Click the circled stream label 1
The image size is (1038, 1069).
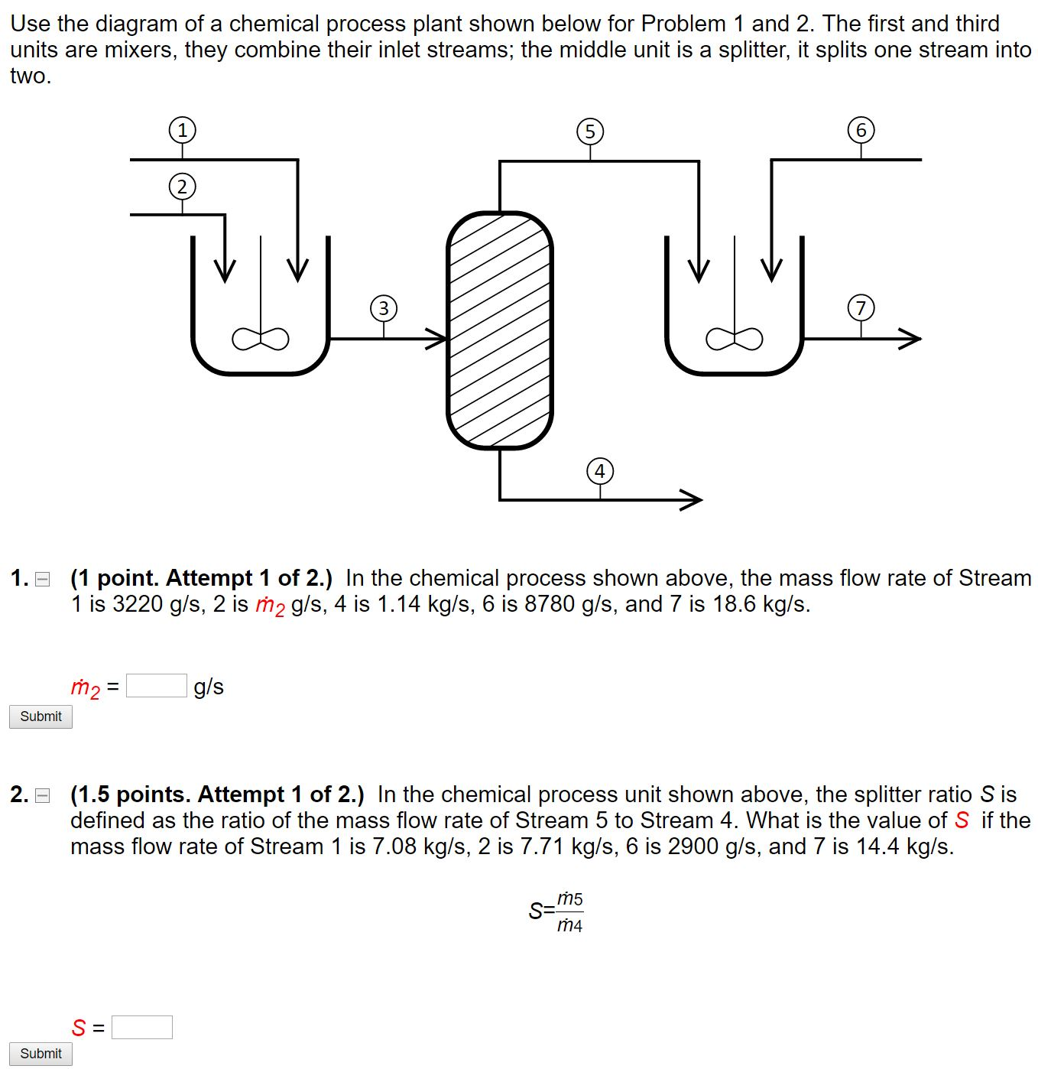tap(182, 130)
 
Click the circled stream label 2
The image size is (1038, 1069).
tap(182, 187)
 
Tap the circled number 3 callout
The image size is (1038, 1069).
tap(384, 308)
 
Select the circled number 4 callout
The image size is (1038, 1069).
tap(600, 471)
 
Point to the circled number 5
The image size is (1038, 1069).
tap(590, 132)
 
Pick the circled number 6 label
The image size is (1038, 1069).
tap(861, 130)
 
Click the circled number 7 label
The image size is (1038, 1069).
tap(861, 308)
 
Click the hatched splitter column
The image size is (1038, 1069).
tap(500, 330)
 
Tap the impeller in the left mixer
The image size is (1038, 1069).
tap(261, 337)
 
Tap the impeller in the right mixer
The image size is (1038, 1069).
tap(735, 337)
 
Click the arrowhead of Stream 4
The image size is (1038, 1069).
tap(693, 500)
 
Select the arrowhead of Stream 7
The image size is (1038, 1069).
tap(911, 338)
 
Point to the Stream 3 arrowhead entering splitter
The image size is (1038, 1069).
tap(438, 338)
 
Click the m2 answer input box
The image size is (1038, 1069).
tap(157, 686)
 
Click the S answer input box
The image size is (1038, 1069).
tap(142, 1027)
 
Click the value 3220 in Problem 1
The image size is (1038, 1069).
tap(138, 604)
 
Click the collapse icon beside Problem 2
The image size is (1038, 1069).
tap(43, 796)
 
